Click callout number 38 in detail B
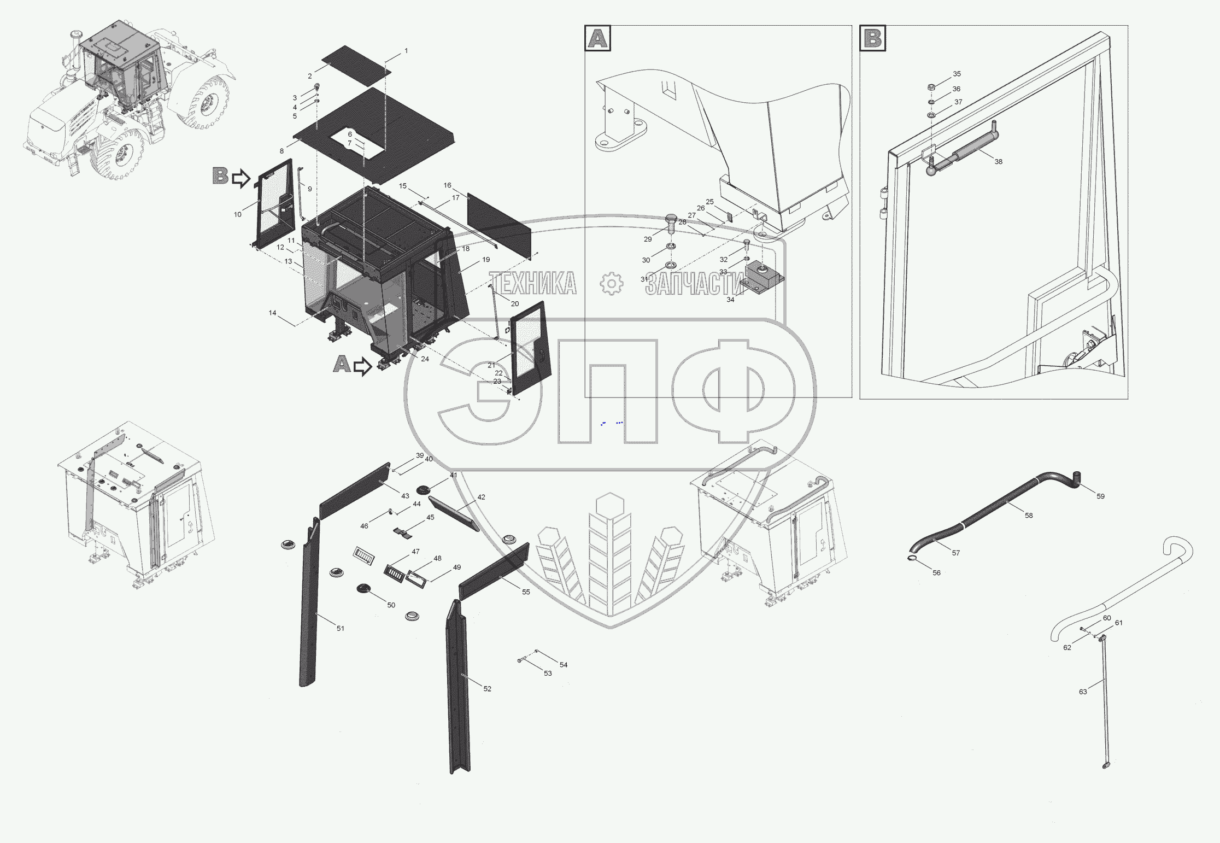click(x=998, y=162)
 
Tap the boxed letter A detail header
click(x=597, y=38)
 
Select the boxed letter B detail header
click(x=872, y=38)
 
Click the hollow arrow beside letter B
click(x=241, y=178)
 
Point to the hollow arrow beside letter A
click(x=362, y=366)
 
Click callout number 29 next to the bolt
click(x=648, y=239)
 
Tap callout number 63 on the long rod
click(x=1082, y=692)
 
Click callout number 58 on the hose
click(x=1029, y=516)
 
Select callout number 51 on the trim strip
click(x=340, y=629)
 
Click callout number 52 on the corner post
click(x=487, y=689)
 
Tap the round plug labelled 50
click(x=363, y=588)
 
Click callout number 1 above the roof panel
click(x=406, y=50)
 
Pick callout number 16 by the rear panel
click(x=447, y=185)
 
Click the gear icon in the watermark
click(x=611, y=283)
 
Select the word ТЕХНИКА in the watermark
click(x=532, y=283)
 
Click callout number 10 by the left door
click(x=237, y=214)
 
